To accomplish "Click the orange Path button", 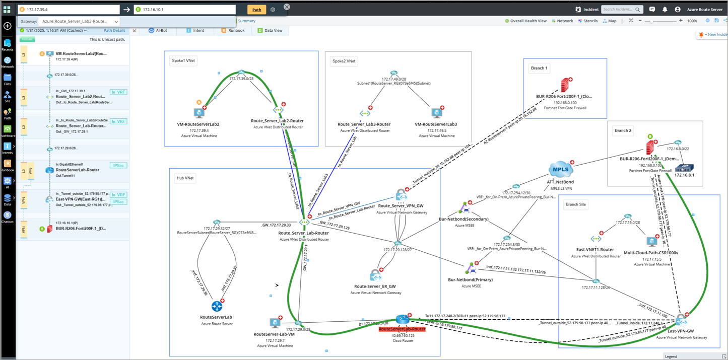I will coord(256,10).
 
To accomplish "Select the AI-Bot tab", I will coord(158,31).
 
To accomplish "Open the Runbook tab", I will coord(233,31).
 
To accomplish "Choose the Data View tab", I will coord(270,31).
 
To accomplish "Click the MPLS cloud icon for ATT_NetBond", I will coord(560,170).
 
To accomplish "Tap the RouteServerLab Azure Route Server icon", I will coord(217,306).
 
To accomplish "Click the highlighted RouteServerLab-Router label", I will coord(402,329).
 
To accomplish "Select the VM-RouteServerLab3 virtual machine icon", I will coord(437,113).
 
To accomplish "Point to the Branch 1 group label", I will coord(539,68).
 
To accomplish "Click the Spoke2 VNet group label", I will coord(344,61).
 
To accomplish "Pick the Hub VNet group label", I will coord(185,178).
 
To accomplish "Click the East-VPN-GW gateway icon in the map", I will coord(681,320).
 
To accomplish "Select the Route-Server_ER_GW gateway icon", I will coord(375,275).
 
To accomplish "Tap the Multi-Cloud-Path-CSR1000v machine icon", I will coord(651,242).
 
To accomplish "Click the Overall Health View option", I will coord(526,21).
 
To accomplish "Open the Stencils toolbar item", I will coord(588,21).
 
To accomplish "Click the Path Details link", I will coord(114,31).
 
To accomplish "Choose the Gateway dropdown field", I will coord(80,22).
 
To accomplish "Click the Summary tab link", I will coord(246,21).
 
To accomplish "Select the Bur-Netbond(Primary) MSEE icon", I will coord(471,269).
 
